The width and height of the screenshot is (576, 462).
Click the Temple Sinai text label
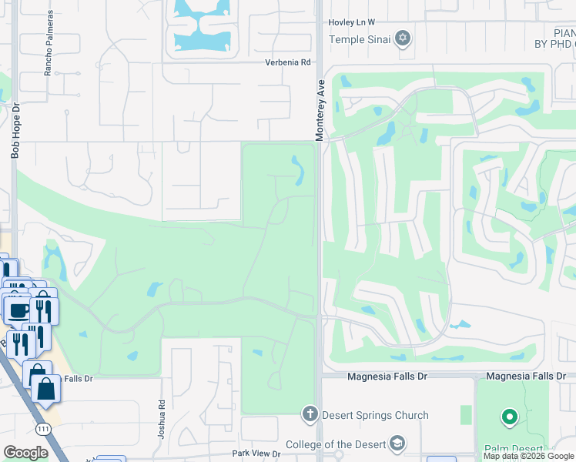(360, 39)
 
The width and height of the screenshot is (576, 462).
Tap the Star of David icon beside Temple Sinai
(403, 38)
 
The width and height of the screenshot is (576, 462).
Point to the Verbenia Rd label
(287, 62)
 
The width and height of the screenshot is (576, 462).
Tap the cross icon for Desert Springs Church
(310, 415)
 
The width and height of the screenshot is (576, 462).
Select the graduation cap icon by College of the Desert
(396, 444)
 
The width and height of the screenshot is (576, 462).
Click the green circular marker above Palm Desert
(508, 418)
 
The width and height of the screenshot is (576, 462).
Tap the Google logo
(25, 452)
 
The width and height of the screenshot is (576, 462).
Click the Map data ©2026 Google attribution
(528, 456)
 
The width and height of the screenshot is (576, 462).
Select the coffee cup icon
(18, 310)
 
